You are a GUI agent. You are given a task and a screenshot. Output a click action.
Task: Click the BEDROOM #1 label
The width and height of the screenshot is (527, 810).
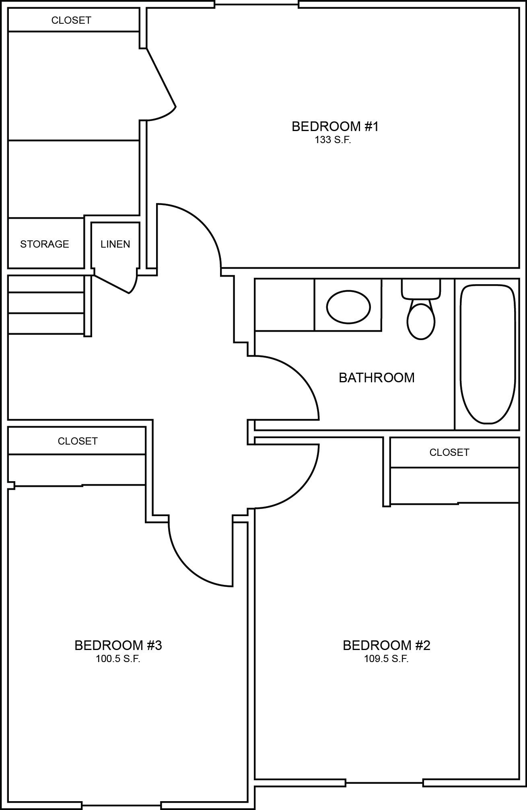[x=335, y=126]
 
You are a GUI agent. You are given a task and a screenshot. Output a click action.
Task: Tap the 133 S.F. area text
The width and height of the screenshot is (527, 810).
[x=333, y=140]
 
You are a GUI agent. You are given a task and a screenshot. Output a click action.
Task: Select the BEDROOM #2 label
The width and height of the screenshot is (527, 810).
[x=386, y=645]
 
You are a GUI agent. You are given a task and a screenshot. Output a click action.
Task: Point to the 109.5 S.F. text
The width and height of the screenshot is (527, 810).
[x=386, y=659]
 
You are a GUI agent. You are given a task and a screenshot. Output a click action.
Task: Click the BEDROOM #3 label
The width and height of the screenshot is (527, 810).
[x=118, y=645]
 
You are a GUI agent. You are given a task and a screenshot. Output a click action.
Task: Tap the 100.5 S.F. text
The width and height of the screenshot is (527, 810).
[x=118, y=659]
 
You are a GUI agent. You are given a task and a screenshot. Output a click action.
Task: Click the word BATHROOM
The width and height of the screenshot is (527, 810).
[x=377, y=378]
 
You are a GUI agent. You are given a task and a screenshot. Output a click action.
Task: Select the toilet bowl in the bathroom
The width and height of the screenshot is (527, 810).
[x=421, y=321]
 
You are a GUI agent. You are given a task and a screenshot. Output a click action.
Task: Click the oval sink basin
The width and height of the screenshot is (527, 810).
[x=348, y=307]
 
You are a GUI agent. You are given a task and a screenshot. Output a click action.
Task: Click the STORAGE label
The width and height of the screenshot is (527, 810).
[x=44, y=244]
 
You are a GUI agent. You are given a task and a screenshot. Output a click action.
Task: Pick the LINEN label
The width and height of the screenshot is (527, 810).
[x=115, y=244]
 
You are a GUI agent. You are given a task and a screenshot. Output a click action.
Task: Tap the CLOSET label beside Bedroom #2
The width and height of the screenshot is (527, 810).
[x=449, y=452]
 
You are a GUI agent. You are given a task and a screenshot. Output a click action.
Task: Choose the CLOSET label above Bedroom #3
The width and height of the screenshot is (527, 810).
[x=77, y=441]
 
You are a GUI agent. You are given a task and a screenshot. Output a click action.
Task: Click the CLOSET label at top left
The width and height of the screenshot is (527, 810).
[x=71, y=20]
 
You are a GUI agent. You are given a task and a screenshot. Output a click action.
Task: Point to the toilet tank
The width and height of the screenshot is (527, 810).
[x=421, y=289]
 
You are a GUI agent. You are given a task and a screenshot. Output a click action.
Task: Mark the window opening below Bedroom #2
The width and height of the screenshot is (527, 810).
[x=384, y=783]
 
